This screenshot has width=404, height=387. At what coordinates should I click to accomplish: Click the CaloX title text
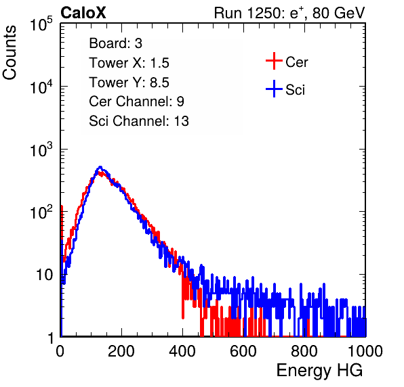(83, 13)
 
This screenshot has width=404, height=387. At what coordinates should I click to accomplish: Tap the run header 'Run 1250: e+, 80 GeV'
(289, 13)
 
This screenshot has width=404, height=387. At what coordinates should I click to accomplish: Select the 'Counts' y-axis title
(9, 53)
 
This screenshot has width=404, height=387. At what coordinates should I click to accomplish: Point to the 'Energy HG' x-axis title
(319, 371)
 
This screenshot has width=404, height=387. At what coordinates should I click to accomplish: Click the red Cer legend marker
(274, 61)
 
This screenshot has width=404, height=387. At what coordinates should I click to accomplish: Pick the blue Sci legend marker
(274, 89)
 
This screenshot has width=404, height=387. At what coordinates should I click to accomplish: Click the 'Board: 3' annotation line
(115, 43)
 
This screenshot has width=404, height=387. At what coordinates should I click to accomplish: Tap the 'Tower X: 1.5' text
(129, 63)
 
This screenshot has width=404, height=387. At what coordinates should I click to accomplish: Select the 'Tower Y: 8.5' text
(129, 83)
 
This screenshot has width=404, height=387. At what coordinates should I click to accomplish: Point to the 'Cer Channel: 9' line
(136, 101)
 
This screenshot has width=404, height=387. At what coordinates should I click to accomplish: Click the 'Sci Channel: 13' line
(138, 121)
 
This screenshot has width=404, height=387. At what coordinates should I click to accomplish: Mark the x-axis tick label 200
(121, 351)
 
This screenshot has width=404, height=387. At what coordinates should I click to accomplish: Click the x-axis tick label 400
(182, 351)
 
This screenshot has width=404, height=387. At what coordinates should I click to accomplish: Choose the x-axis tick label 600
(243, 351)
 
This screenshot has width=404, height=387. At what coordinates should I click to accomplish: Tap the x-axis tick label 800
(304, 351)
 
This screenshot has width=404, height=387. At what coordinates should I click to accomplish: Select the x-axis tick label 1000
(365, 351)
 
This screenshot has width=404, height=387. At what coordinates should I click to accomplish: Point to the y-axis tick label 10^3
(41, 150)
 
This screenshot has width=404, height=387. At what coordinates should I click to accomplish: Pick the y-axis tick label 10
(44, 275)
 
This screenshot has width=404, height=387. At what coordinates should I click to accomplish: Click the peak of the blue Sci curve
(100, 167)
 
